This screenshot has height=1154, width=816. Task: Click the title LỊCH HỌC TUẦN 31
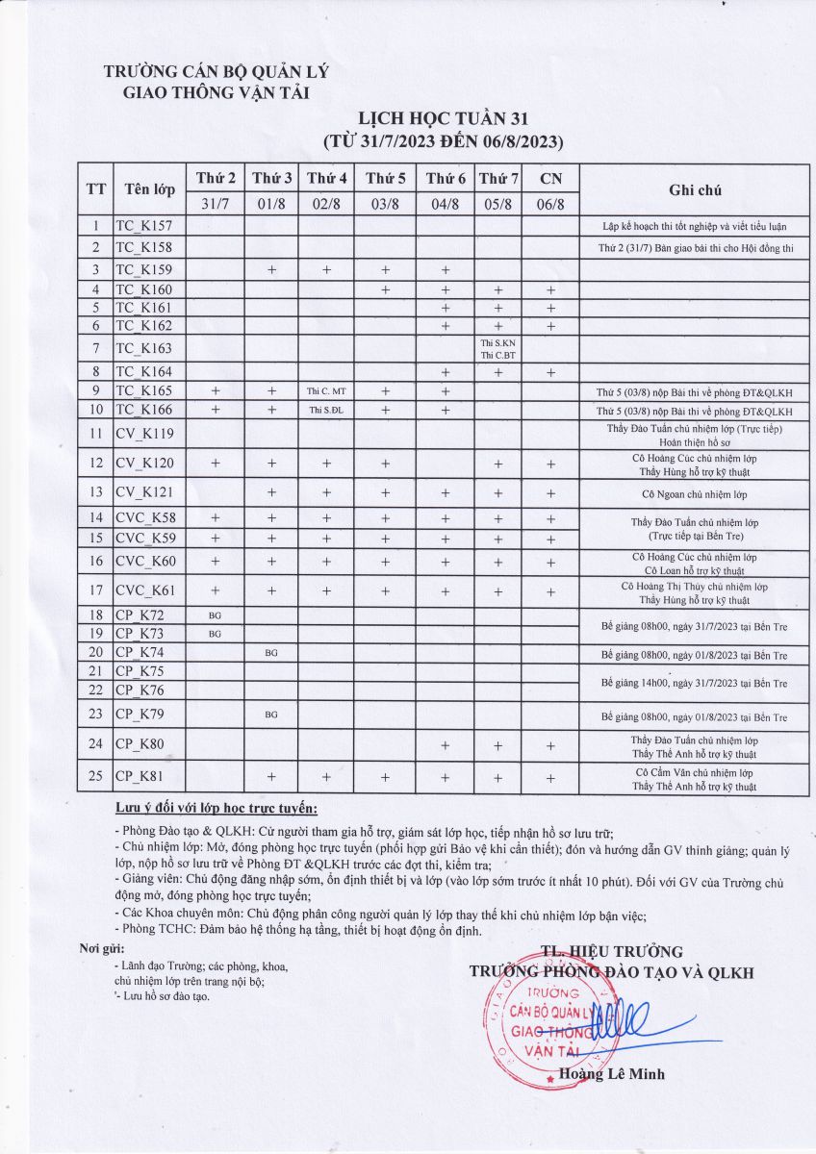[443, 119]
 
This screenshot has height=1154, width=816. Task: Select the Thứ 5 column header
[385, 178]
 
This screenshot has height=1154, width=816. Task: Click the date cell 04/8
[446, 204]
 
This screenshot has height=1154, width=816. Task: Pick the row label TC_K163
[143, 348]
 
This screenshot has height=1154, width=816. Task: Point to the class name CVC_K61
[145, 590]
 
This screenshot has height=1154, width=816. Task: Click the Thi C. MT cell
[326, 391]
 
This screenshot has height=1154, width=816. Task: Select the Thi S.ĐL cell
[326, 411]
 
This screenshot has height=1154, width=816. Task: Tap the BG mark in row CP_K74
[271, 653]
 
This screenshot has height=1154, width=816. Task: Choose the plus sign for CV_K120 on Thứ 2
[215, 464]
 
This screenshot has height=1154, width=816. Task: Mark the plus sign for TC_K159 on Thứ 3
[271, 270]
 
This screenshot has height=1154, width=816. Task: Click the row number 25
[95, 776]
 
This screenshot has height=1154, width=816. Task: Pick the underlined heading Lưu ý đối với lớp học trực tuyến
[216, 807]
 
